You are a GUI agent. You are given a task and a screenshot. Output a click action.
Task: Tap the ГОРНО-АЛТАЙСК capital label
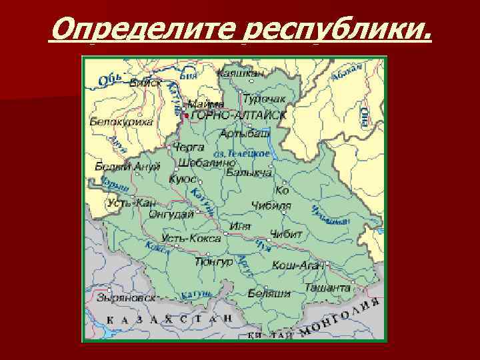(x=238, y=115)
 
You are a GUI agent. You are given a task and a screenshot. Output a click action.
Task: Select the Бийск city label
(x=145, y=84)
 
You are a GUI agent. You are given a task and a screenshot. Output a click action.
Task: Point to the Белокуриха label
(x=121, y=122)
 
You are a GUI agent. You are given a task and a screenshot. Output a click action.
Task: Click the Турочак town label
(x=264, y=99)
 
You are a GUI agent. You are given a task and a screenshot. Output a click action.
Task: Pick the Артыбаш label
(x=245, y=133)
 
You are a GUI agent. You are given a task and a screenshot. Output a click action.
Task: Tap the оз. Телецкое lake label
(x=247, y=153)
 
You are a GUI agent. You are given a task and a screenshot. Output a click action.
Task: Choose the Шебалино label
(x=207, y=162)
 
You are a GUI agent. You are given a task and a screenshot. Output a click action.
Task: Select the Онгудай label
(x=171, y=214)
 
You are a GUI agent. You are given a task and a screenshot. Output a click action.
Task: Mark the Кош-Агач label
(x=298, y=265)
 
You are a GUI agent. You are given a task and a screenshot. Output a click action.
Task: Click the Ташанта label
(x=328, y=287)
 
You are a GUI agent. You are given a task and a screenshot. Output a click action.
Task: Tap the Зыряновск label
(x=125, y=298)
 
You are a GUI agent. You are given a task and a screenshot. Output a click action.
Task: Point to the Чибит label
(x=286, y=234)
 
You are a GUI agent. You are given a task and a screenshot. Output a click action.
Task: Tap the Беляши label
(x=269, y=293)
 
